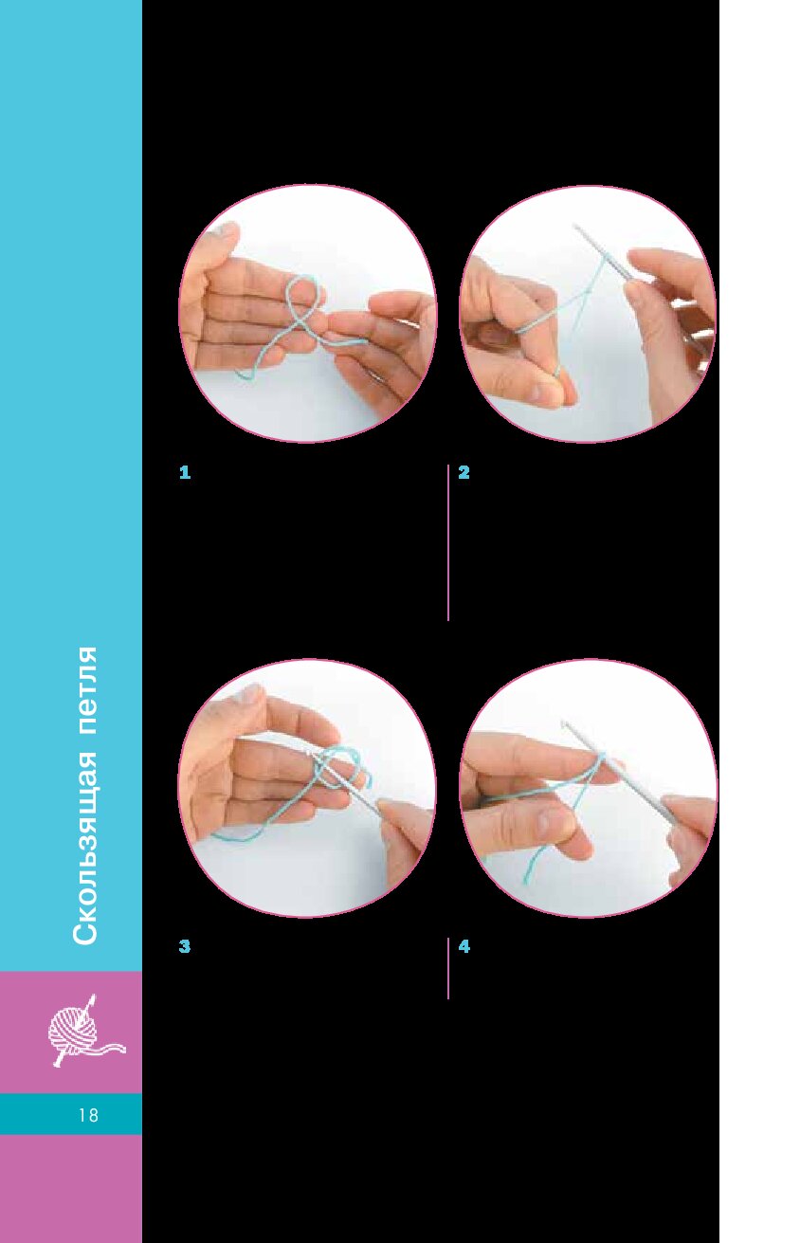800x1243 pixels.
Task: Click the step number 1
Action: (x=185, y=473)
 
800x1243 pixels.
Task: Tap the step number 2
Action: (x=464, y=473)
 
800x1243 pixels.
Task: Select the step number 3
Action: (x=185, y=946)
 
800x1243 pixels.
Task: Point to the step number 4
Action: (x=464, y=946)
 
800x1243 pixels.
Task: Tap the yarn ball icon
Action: (x=83, y=1031)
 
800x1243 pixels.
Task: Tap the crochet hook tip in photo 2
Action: (x=576, y=227)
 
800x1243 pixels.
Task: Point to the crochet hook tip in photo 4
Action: (x=564, y=722)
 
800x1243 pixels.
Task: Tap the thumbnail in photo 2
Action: (x=538, y=393)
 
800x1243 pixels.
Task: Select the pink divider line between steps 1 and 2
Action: (x=447, y=542)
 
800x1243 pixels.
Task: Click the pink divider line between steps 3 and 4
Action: (x=447, y=969)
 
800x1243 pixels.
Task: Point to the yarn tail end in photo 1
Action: (x=236, y=375)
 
